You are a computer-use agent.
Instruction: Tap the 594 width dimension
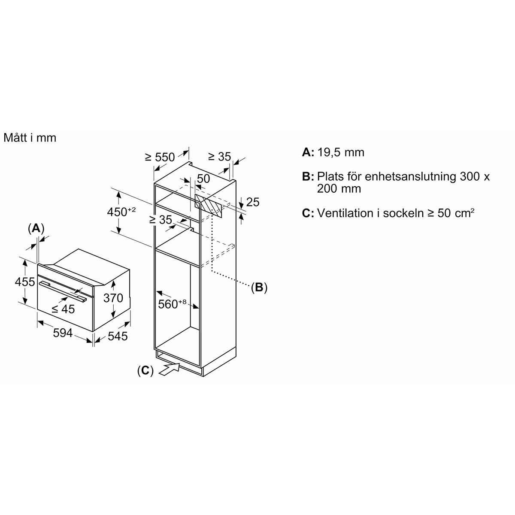(x=63, y=333)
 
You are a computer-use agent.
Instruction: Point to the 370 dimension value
(x=113, y=298)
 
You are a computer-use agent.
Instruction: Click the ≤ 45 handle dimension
(x=63, y=308)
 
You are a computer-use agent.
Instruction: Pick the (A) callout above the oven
(x=36, y=228)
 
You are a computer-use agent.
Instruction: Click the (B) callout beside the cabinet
(x=259, y=287)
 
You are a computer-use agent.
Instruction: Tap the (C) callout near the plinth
(x=145, y=370)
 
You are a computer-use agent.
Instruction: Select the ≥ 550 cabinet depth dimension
(x=160, y=157)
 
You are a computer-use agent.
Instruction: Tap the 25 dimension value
(x=253, y=202)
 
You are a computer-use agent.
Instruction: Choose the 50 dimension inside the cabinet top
(x=203, y=178)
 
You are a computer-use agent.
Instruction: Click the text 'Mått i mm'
(x=30, y=138)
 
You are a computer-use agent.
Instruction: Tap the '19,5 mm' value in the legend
(x=341, y=152)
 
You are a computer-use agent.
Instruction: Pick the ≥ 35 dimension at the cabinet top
(x=219, y=157)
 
